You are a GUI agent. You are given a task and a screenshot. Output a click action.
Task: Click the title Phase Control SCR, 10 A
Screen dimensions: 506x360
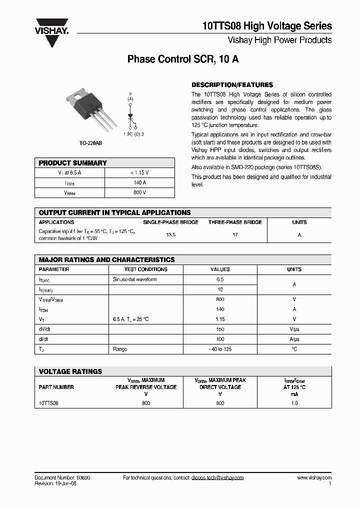click(x=183, y=59)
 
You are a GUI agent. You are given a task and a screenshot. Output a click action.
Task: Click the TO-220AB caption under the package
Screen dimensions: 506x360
click(x=90, y=143)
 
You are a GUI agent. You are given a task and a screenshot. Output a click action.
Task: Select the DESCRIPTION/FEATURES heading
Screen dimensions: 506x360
click(x=232, y=85)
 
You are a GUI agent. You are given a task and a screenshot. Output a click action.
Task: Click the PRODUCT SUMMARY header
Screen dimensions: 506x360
click(x=73, y=163)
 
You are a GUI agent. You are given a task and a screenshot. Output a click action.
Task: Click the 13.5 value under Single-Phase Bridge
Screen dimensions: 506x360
click(x=170, y=234)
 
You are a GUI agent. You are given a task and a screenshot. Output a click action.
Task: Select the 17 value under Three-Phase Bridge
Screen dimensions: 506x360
click(x=235, y=234)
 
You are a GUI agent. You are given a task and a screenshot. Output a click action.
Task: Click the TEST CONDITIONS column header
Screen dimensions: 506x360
click(x=145, y=269)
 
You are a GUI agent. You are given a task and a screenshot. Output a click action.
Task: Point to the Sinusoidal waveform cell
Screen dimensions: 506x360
click(x=135, y=279)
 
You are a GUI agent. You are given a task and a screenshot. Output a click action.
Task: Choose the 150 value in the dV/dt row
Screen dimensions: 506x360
click(x=220, y=329)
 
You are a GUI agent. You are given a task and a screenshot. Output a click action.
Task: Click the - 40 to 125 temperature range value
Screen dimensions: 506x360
click(x=220, y=349)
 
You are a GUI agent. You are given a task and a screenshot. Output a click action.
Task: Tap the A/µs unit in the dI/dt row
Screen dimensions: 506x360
click(x=294, y=339)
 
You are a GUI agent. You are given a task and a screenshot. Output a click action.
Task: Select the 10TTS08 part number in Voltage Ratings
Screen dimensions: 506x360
click(x=48, y=403)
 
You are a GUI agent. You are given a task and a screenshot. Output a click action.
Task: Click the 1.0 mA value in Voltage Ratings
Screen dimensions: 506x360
click(x=294, y=403)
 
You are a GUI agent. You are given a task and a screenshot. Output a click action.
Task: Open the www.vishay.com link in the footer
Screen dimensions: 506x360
click(x=314, y=478)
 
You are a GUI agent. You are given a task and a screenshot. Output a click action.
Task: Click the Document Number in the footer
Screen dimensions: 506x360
click(x=62, y=478)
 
